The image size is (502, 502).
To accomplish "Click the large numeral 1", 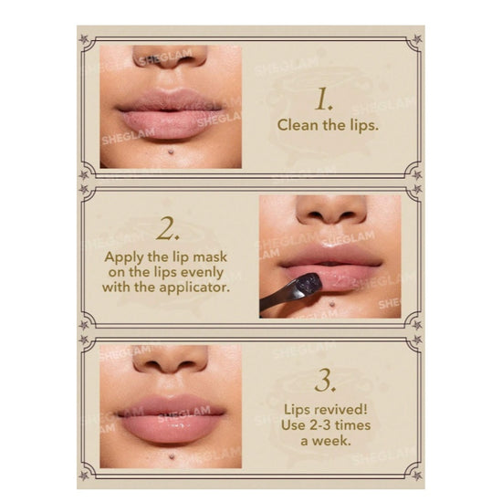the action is (x=324, y=99).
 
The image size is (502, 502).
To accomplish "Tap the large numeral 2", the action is (x=167, y=228).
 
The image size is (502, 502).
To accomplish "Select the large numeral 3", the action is (x=325, y=381).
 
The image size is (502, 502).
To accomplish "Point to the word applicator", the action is (x=195, y=288).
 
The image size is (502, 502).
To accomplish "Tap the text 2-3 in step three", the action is (x=322, y=425).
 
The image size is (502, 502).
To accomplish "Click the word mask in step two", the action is (x=210, y=257).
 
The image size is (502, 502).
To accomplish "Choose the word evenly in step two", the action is (x=202, y=273).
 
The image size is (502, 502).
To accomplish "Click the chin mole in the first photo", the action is (x=172, y=151).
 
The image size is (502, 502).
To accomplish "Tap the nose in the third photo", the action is (x=171, y=360).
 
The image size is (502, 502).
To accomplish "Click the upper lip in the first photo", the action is (x=170, y=100).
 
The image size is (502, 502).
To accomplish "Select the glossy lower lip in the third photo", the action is (x=170, y=428).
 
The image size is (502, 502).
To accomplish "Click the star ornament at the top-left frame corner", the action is (x=84, y=39).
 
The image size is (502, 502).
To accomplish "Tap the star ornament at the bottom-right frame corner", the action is (x=417, y=476).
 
